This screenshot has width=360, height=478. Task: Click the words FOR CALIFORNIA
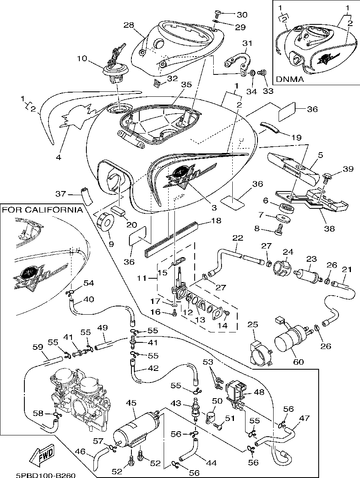tap(43, 210)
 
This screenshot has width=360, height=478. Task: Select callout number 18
tap(216, 222)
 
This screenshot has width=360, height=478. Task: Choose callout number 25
tap(253, 324)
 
